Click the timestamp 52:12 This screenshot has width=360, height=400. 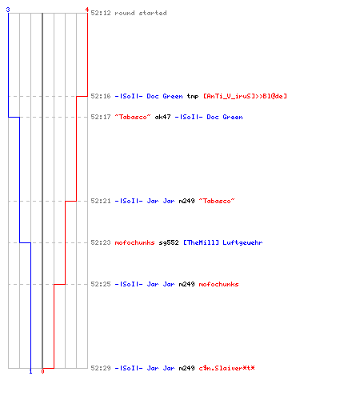coord(101,13)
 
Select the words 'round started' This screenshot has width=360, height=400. coord(141,13)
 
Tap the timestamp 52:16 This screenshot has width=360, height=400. coord(101,96)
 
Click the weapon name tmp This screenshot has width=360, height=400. coord(193,96)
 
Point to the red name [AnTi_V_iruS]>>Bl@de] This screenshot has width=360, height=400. coord(245,96)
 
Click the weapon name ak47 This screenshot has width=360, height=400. coord(162,117)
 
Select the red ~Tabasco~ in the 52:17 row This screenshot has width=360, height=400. coord(133,117)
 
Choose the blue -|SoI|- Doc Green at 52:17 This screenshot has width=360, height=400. coord(209,117)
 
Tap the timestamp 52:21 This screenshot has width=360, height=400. coord(101,201)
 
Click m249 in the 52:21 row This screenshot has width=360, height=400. coord(186,201)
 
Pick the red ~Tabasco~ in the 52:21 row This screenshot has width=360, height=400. coord(217,201)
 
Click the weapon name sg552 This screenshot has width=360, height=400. coord(169,242)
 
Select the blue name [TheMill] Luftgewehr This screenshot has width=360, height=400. coord(222,242)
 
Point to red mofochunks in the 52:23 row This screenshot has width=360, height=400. coord(134,242)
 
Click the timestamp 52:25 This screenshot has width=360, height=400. coord(101,284)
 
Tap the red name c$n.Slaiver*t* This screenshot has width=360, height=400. coord(226,368)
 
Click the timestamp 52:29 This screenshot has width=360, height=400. coord(101,368)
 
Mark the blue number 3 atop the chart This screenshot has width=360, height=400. coord(8,10)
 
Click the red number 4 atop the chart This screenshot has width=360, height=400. coord(87,10)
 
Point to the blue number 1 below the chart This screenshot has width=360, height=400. coord(30,371)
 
